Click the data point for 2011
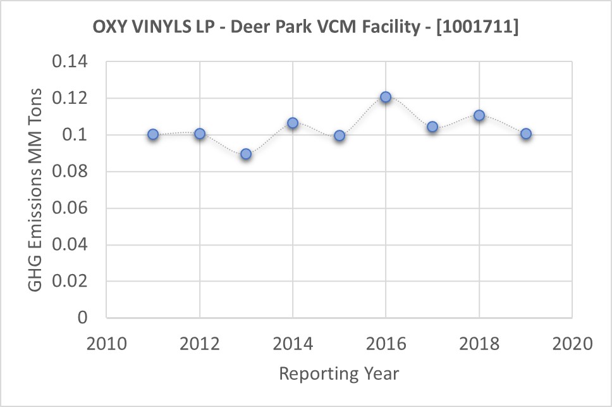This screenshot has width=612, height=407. tap(153, 135)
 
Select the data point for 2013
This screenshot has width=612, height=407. tap(246, 154)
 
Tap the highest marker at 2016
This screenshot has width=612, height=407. tap(386, 97)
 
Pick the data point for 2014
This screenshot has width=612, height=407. tap(293, 123)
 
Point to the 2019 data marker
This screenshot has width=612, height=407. tap(525, 134)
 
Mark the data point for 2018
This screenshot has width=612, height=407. tap(479, 116)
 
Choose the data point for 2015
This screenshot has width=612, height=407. tap(340, 135)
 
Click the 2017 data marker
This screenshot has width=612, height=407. tap(432, 127)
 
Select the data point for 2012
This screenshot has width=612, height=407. tap(200, 134)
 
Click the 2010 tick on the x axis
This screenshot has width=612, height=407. tap(106, 344)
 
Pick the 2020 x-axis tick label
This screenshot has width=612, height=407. tap(572, 344)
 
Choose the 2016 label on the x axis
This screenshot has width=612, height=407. tap(386, 344)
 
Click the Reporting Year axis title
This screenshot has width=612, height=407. tap(339, 373)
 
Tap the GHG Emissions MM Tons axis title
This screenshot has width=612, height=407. tap(36, 190)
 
